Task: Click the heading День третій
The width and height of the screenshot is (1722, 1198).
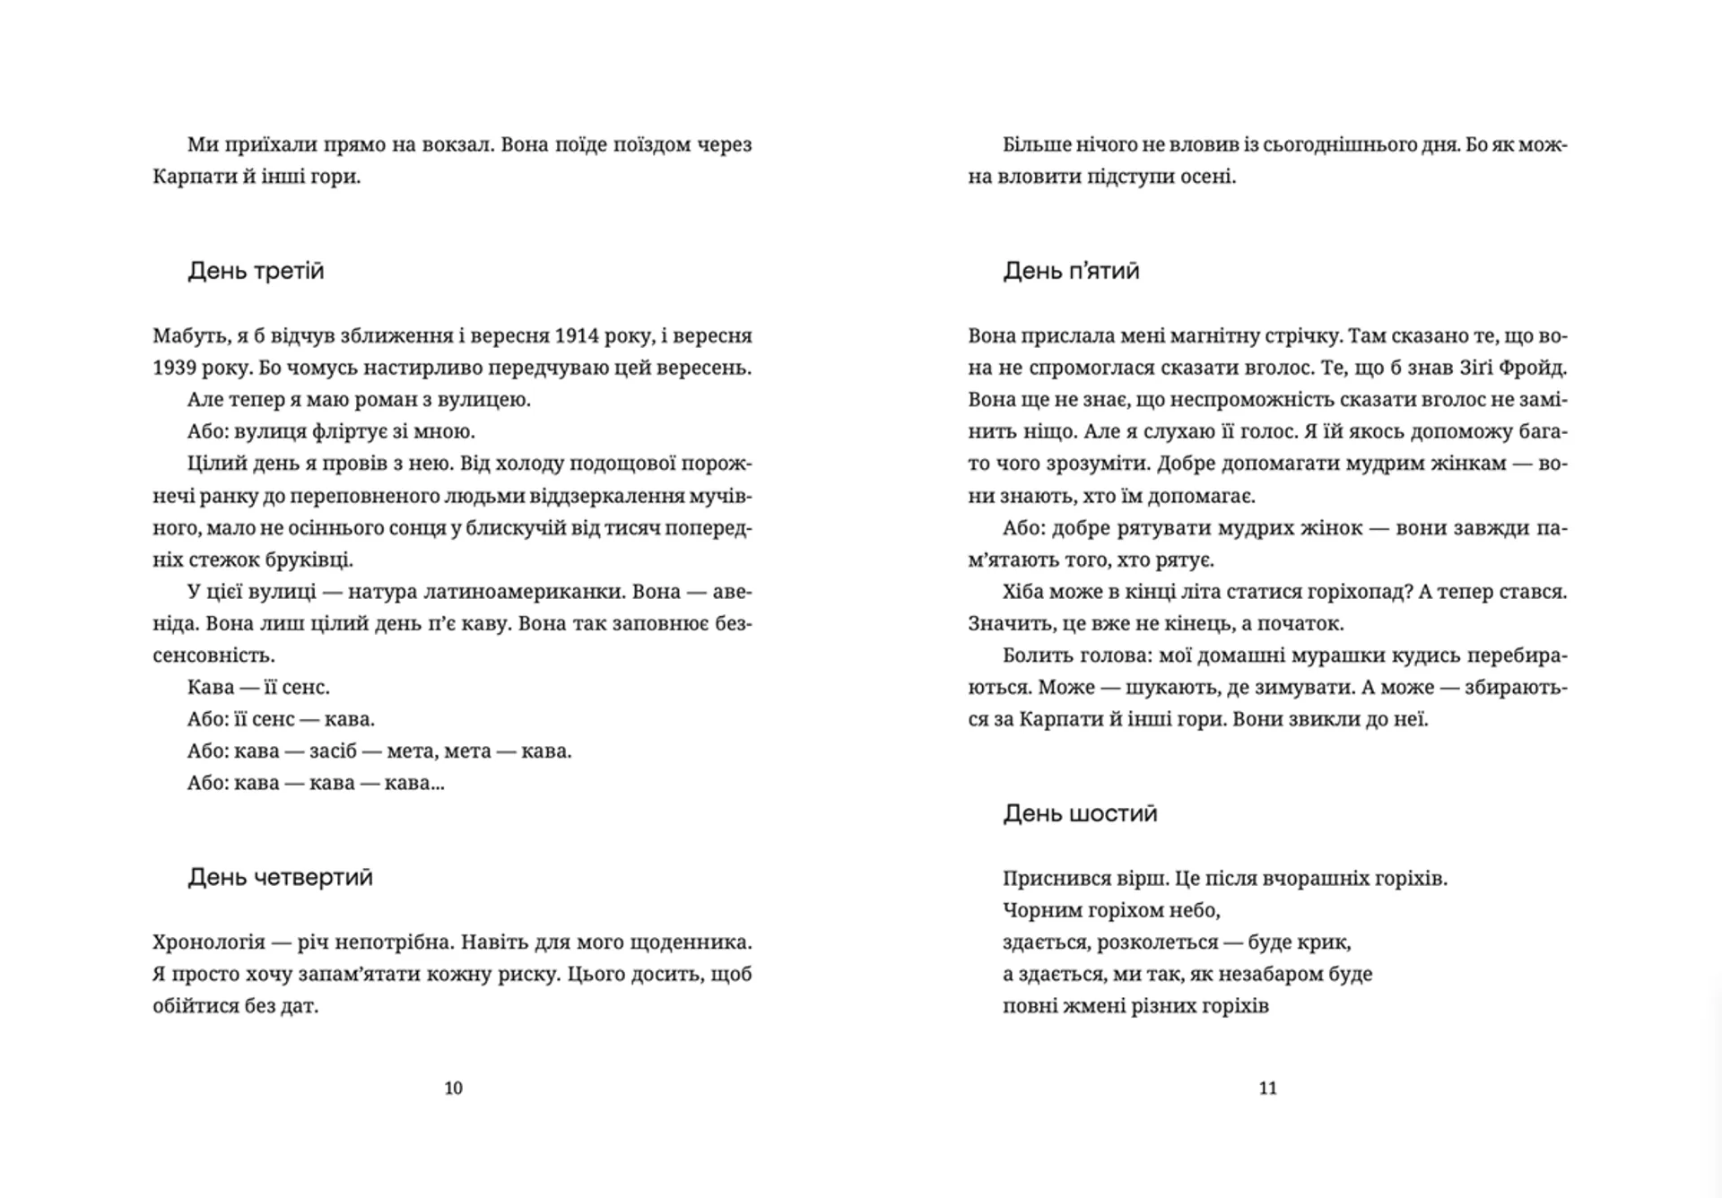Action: (256, 271)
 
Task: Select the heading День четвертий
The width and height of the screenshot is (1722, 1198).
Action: (280, 877)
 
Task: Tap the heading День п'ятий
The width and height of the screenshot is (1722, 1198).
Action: (1071, 271)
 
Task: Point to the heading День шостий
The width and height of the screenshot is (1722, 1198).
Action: (1080, 813)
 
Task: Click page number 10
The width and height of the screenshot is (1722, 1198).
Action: (454, 1088)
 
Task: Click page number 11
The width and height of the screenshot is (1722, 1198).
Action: (1267, 1088)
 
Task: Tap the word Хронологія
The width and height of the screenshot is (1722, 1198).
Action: (209, 942)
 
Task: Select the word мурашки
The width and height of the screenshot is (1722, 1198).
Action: (1338, 655)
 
